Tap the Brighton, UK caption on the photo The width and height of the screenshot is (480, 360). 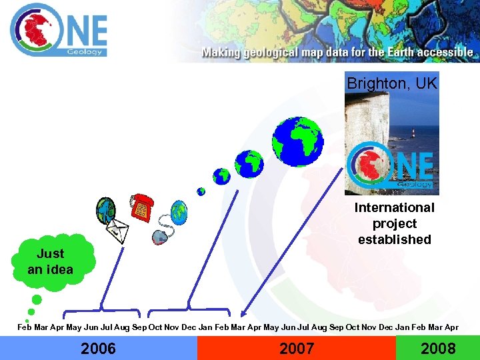(391, 84)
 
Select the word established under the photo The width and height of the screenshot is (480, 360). (394, 239)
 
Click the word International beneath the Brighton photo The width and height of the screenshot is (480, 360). (394, 208)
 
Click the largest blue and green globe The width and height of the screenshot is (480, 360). (297, 141)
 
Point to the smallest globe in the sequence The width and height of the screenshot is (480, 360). (201, 191)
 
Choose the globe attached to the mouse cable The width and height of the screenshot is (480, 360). (179, 213)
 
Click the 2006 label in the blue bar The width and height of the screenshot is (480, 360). (98, 348)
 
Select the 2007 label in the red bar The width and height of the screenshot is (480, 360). (296, 348)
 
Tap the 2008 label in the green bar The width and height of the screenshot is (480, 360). (438, 348)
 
